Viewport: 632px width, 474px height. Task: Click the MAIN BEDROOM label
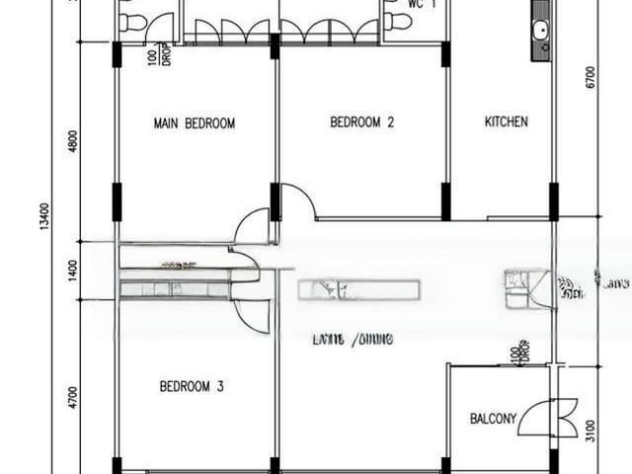[195, 123]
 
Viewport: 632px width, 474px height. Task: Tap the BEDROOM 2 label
[361, 123]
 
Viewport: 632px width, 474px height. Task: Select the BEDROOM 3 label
[191, 387]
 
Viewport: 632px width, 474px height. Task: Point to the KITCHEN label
[506, 122]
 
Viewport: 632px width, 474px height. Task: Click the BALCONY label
[493, 419]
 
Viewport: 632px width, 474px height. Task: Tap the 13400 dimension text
[43, 217]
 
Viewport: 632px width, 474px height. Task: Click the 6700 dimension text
[591, 77]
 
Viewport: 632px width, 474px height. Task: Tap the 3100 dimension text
[591, 431]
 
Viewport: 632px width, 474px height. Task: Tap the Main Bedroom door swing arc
[253, 227]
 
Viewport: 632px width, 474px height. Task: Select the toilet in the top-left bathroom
[133, 22]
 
